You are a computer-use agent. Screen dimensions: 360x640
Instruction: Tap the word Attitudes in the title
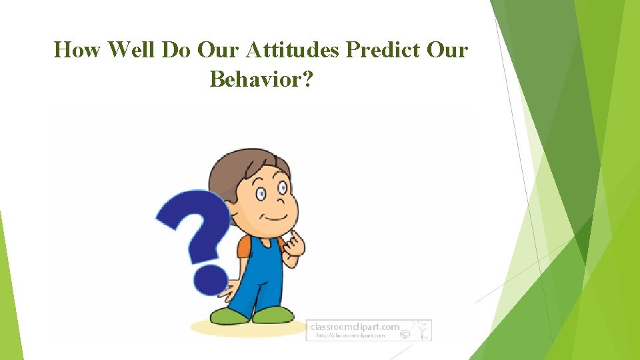[295, 50]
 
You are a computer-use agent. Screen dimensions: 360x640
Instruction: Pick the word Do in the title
[175, 50]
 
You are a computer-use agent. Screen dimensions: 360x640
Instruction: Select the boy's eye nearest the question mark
[262, 194]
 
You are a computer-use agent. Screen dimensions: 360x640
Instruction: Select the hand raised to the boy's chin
[293, 245]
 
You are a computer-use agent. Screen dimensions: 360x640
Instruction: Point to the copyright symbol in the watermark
[405, 335]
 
